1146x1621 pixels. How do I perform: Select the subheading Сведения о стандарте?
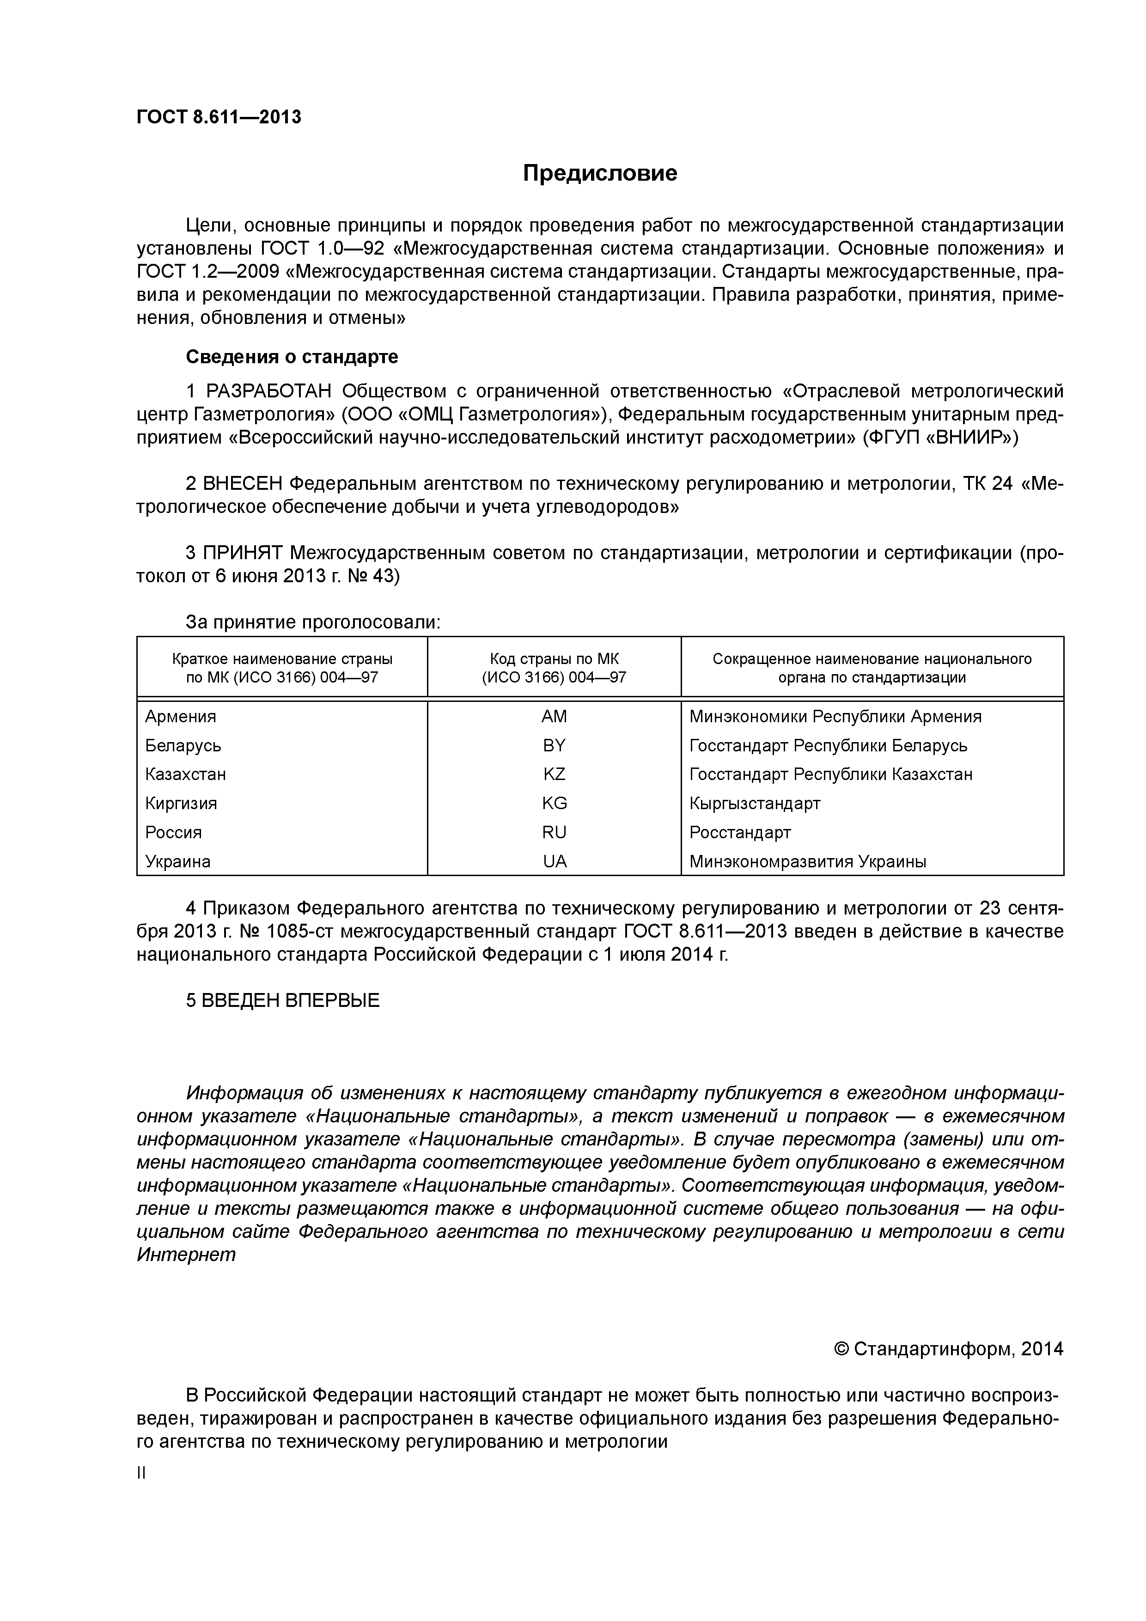[292, 357]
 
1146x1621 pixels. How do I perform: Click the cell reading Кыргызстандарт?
[754, 804]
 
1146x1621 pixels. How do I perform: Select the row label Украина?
[177, 861]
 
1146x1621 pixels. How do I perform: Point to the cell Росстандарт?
[739, 832]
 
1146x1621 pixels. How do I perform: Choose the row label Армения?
[180, 717]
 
